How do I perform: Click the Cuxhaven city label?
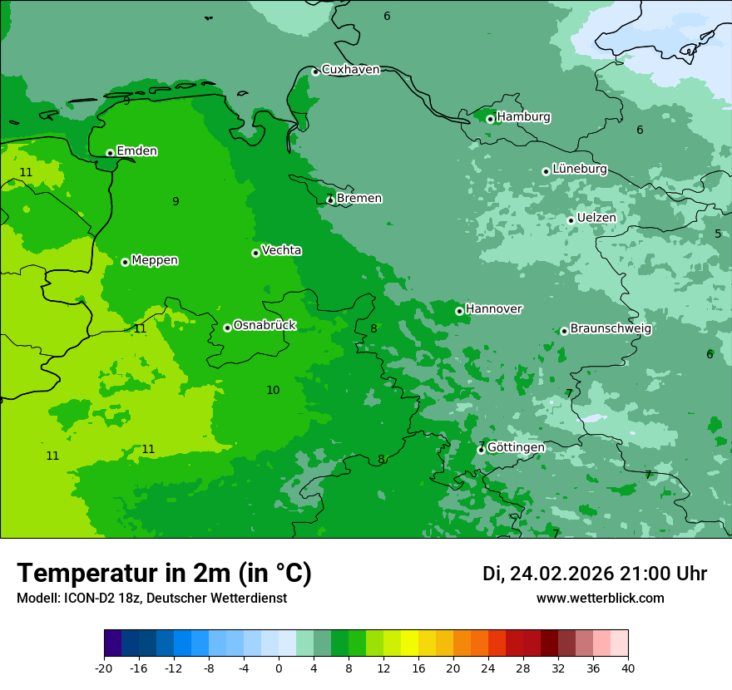(x=350, y=70)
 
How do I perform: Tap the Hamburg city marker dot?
(x=490, y=119)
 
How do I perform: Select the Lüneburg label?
(x=580, y=169)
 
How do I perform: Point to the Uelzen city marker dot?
(x=571, y=220)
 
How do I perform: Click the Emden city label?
(x=136, y=151)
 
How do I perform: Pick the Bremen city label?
(x=359, y=199)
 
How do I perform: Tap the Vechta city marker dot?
(x=255, y=253)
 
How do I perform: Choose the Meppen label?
(x=155, y=260)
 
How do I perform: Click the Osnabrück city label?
(x=265, y=325)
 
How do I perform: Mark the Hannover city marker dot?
(x=459, y=311)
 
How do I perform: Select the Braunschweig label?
(x=611, y=328)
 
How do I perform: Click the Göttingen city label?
(x=516, y=447)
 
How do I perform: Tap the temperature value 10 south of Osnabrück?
(x=273, y=390)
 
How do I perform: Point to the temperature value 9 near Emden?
(x=176, y=201)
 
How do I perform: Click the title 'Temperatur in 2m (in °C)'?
(x=164, y=573)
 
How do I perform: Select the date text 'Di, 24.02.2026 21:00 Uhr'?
(x=595, y=574)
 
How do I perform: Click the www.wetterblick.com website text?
(x=600, y=599)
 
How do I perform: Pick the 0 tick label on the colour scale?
(x=279, y=668)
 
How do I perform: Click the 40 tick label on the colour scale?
(x=627, y=668)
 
